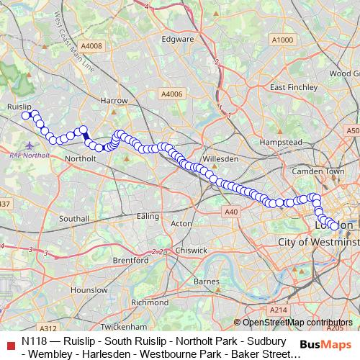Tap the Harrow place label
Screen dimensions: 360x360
coord(115,101)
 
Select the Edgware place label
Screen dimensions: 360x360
coord(177,40)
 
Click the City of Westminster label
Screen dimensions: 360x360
coord(318,243)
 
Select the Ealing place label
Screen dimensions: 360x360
coord(148,216)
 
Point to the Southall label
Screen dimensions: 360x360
coord(73,217)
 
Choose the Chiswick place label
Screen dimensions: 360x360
coord(191,250)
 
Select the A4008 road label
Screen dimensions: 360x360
coord(92,46)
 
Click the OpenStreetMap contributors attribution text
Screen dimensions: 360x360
coord(297,323)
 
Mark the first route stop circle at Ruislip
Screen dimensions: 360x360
coord(25,115)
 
